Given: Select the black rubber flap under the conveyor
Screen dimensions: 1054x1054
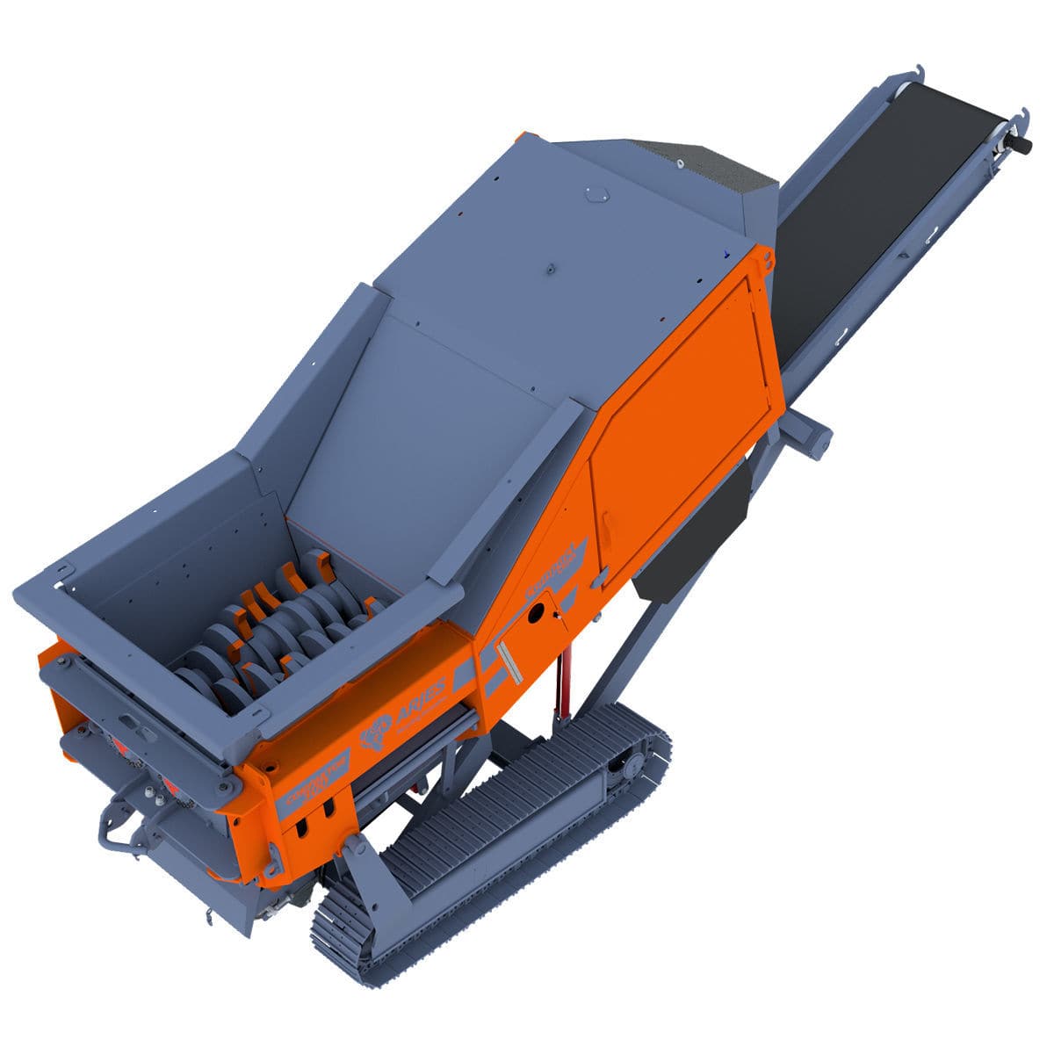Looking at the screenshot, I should tap(694, 536).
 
